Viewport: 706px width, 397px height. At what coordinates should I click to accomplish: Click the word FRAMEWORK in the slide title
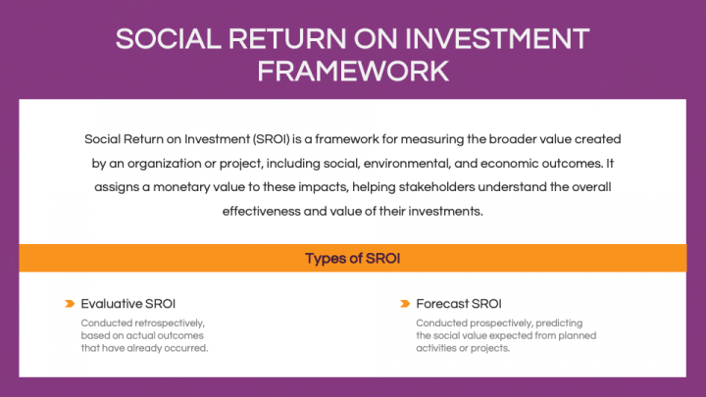tap(353, 71)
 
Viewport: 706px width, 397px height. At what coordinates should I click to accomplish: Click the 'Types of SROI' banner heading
tap(352, 259)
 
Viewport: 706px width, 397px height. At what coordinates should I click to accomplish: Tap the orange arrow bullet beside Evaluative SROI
tap(70, 304)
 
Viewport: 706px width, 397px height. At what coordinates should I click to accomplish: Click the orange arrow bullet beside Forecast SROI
tap(405, 304)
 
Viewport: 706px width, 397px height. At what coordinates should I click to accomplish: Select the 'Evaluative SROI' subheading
tap(128, 304)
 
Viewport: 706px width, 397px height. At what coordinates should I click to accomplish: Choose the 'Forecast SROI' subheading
tap(459, 304)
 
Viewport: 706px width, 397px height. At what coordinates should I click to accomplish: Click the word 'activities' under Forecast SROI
tap(438, 348)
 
